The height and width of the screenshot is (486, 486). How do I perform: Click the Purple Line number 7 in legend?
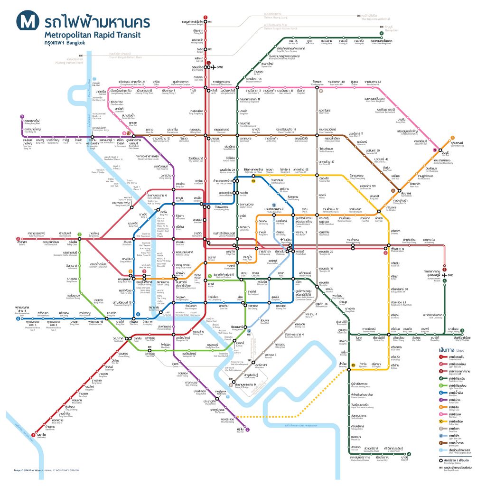point(441,399)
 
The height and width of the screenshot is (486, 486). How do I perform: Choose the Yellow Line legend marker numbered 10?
point(441,421)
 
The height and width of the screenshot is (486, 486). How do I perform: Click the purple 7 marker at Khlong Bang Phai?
point(22,116)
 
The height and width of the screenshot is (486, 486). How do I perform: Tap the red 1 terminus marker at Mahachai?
point(33,434)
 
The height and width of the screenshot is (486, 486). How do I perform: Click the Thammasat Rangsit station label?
point(192,22)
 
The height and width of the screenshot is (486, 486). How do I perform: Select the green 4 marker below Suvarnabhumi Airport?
point(445,280)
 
